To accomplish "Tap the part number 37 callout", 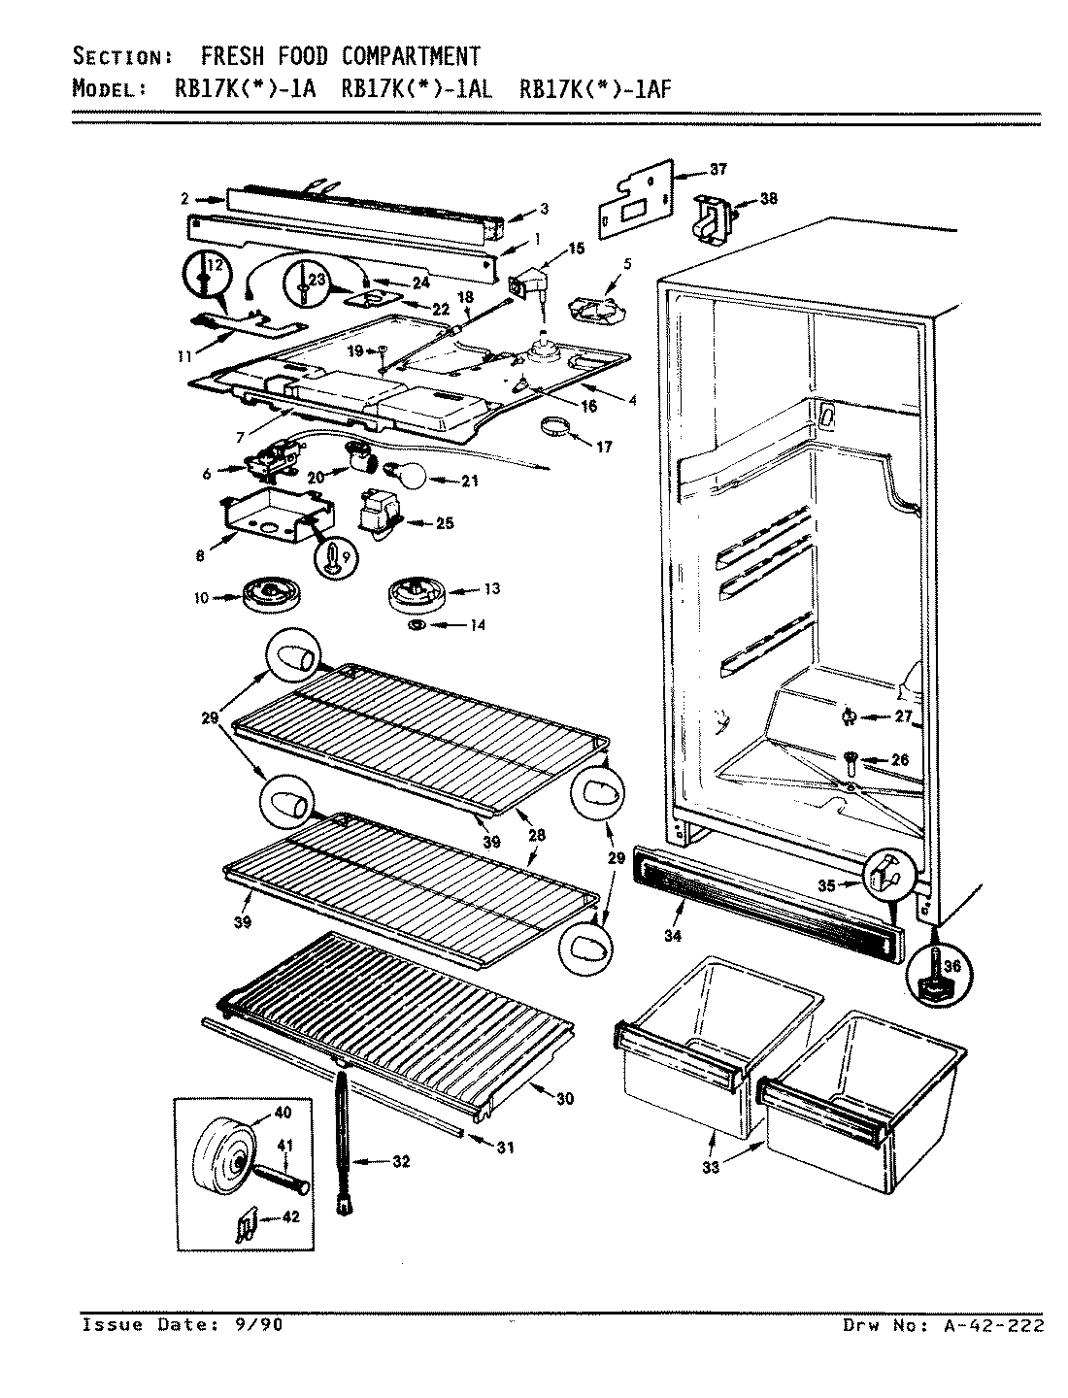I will coord(718,170).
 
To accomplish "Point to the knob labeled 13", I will coord(417,592).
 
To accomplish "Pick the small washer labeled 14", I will coord(417,624).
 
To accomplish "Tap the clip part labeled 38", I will coord(713,218).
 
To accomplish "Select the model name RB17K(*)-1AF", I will coord(595,89).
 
